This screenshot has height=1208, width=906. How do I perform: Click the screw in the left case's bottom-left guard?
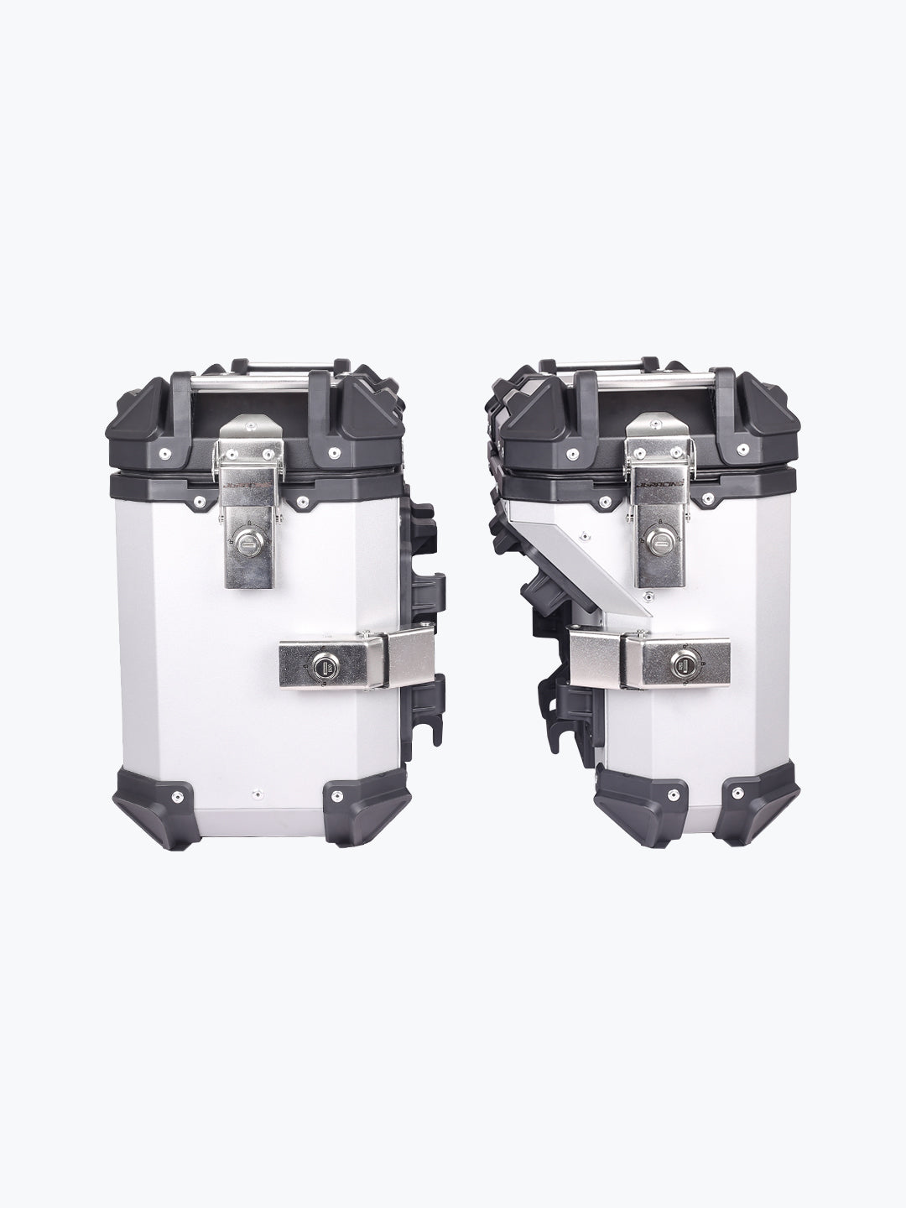(x=178, y=792)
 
